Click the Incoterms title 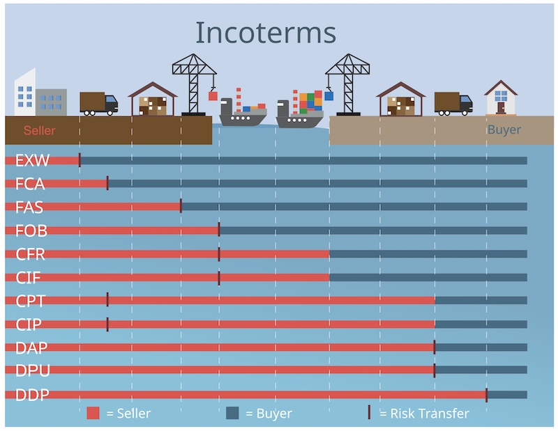265,33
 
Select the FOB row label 31,231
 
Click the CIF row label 29,279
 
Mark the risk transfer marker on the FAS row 181,206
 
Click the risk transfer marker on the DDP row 486,395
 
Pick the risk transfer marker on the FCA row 107,183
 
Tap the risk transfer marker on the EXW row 80,160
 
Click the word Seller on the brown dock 39,130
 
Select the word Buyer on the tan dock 504,130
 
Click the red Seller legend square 93,413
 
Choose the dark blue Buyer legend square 233,413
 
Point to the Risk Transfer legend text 424,414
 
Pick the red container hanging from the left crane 213,96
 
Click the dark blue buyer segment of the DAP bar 481,347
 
